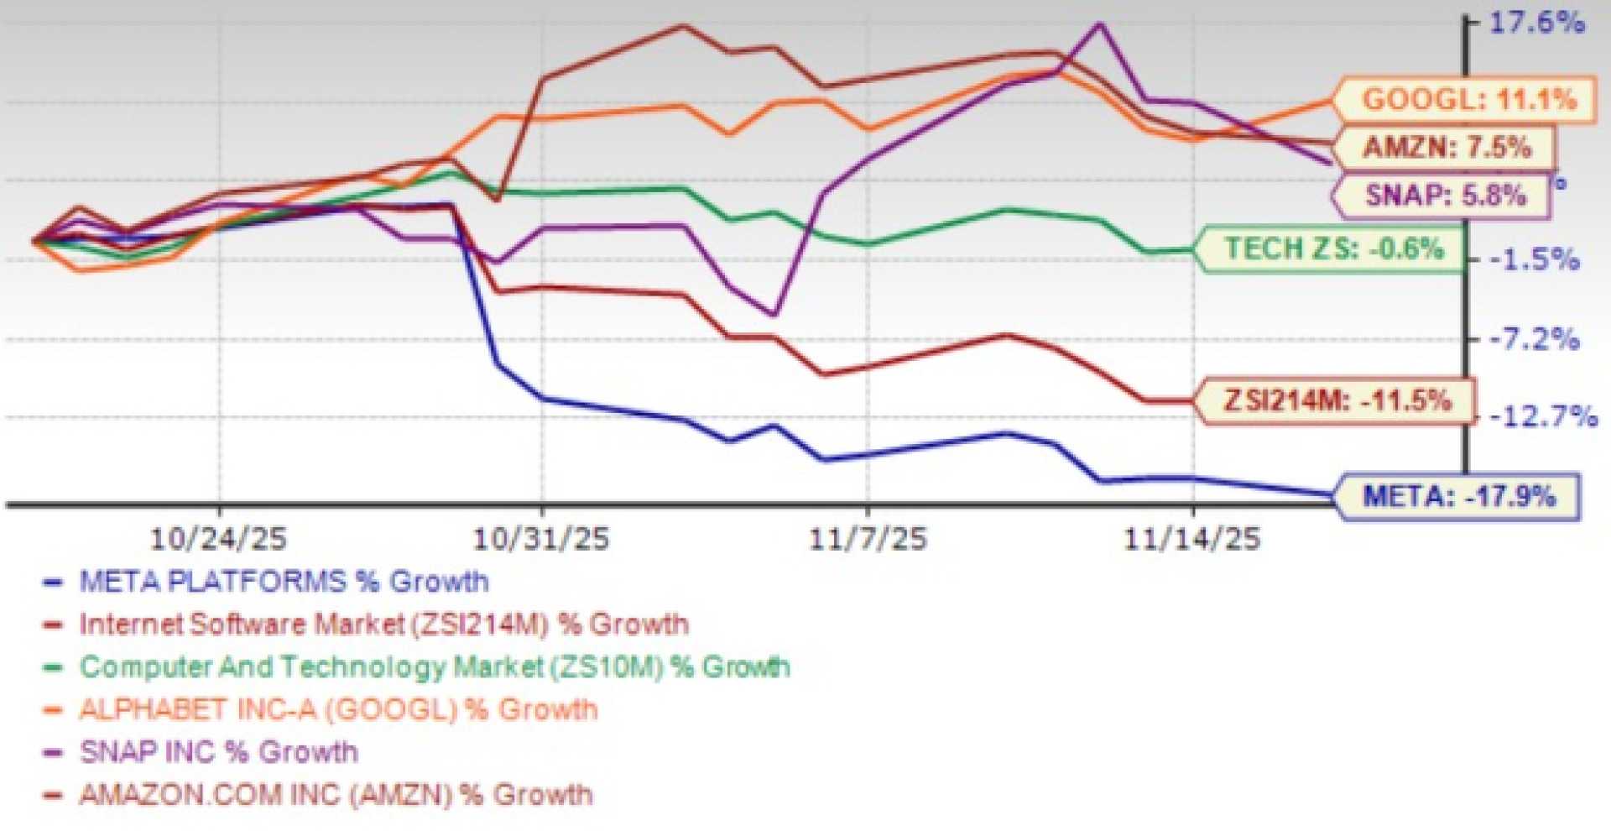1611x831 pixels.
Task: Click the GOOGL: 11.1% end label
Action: coord(1468,100)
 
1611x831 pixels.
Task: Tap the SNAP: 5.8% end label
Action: coord(1445,196)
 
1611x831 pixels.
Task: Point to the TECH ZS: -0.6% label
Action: coord(1333,248)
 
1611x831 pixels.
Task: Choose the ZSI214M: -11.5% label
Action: coord(1337,400)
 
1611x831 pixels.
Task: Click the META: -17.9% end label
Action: coord(1458,496)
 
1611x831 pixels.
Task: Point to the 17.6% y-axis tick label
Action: coord(1535,23)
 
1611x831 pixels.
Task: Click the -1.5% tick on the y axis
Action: coord(1534,260)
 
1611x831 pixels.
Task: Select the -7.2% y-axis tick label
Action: coord(1534,340)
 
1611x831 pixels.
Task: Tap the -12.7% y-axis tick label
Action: coord(1542,416)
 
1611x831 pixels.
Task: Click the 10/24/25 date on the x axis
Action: coord(218,539)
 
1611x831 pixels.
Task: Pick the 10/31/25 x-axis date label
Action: coord(541,539)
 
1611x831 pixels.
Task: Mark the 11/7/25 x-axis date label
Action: coord(868,539)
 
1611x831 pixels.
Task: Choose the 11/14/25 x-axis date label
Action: coord(1191,539)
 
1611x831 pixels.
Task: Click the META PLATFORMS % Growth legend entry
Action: coord(283,582)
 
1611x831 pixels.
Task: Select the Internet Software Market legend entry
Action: coord(383,625)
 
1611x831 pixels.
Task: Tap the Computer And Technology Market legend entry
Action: coord(434,667)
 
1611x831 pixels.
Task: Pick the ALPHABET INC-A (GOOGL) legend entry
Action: coord(337,710)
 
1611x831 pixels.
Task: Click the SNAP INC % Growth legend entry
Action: coord(218,752)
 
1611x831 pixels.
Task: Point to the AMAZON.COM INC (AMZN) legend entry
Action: coord(336,795)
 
